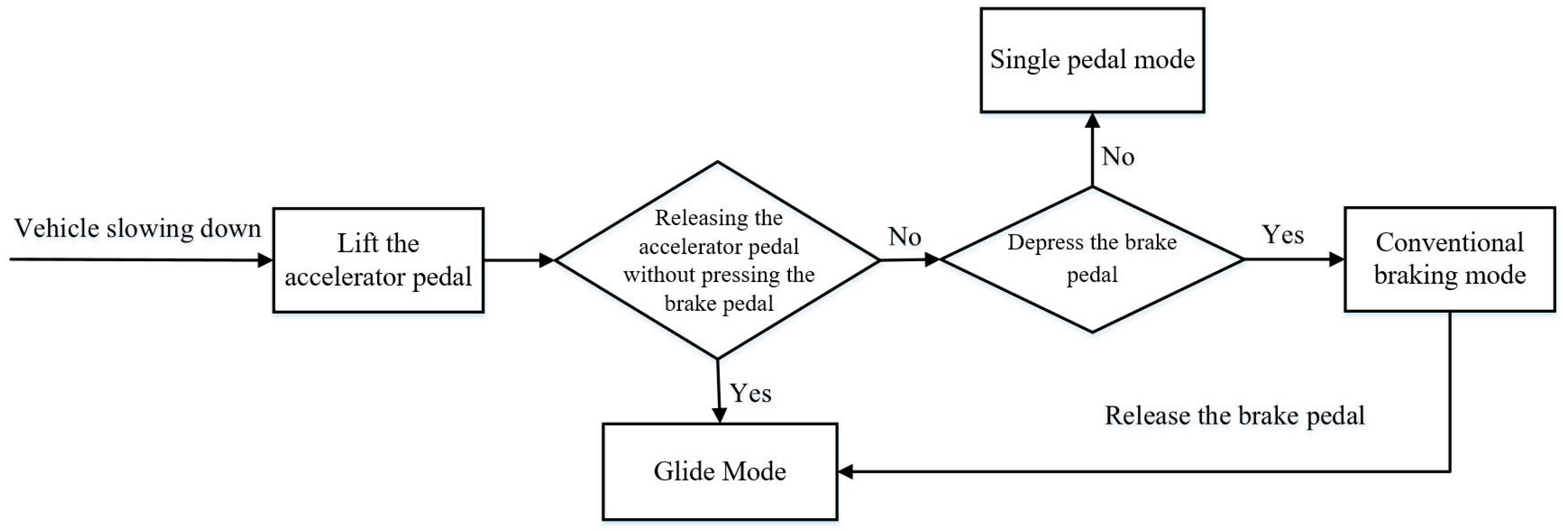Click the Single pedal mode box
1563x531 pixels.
(1092, 60)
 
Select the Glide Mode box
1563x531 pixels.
(720, 471)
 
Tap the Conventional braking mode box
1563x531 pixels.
(1450, 259)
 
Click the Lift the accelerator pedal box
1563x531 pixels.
(378, 260)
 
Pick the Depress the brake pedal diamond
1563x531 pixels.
(1092, 259)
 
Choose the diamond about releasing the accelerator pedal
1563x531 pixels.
(718, 260)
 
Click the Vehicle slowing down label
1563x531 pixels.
(138, 229)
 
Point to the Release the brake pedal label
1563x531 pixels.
(1234, 416)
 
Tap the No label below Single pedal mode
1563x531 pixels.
(1118, 156)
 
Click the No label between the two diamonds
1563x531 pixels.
(905, 237)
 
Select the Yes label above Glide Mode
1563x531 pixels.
(750, 393)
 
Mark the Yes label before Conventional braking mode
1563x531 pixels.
(1283, 235)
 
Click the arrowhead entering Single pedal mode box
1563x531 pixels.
(1092, 120)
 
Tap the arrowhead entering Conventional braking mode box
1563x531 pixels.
(1337, 259)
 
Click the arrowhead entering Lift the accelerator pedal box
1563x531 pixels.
(265, 260)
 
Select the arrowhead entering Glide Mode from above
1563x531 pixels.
(719, 416)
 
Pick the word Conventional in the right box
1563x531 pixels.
(1450, 243)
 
